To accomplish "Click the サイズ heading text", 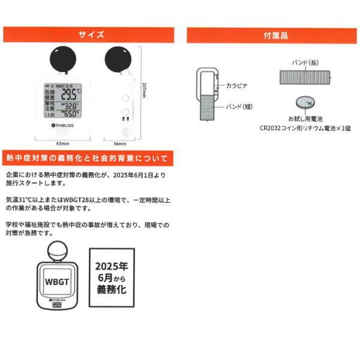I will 91,35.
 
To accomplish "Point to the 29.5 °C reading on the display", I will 71,96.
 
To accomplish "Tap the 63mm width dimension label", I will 60,145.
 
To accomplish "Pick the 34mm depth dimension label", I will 119,145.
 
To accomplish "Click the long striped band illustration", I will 305,77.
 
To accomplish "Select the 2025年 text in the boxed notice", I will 112,265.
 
